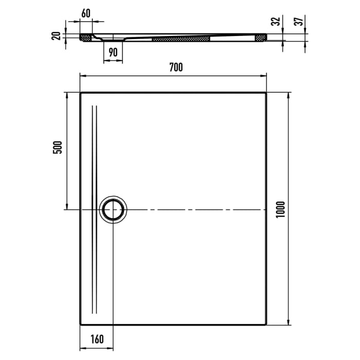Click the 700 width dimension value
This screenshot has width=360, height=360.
click(175, 67)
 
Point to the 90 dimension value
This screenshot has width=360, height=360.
click(113, 52)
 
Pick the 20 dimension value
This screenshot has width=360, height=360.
click(57, 35)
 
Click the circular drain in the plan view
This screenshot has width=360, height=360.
click(113, 210)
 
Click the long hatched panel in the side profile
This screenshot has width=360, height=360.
click(182, 39)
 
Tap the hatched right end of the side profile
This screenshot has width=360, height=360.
click(261, 37)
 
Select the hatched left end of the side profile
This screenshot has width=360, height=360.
click(85, 38)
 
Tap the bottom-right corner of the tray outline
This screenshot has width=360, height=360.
click(266, 324)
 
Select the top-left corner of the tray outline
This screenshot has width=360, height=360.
click(81, 93)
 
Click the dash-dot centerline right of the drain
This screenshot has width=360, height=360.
click(195, 210)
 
